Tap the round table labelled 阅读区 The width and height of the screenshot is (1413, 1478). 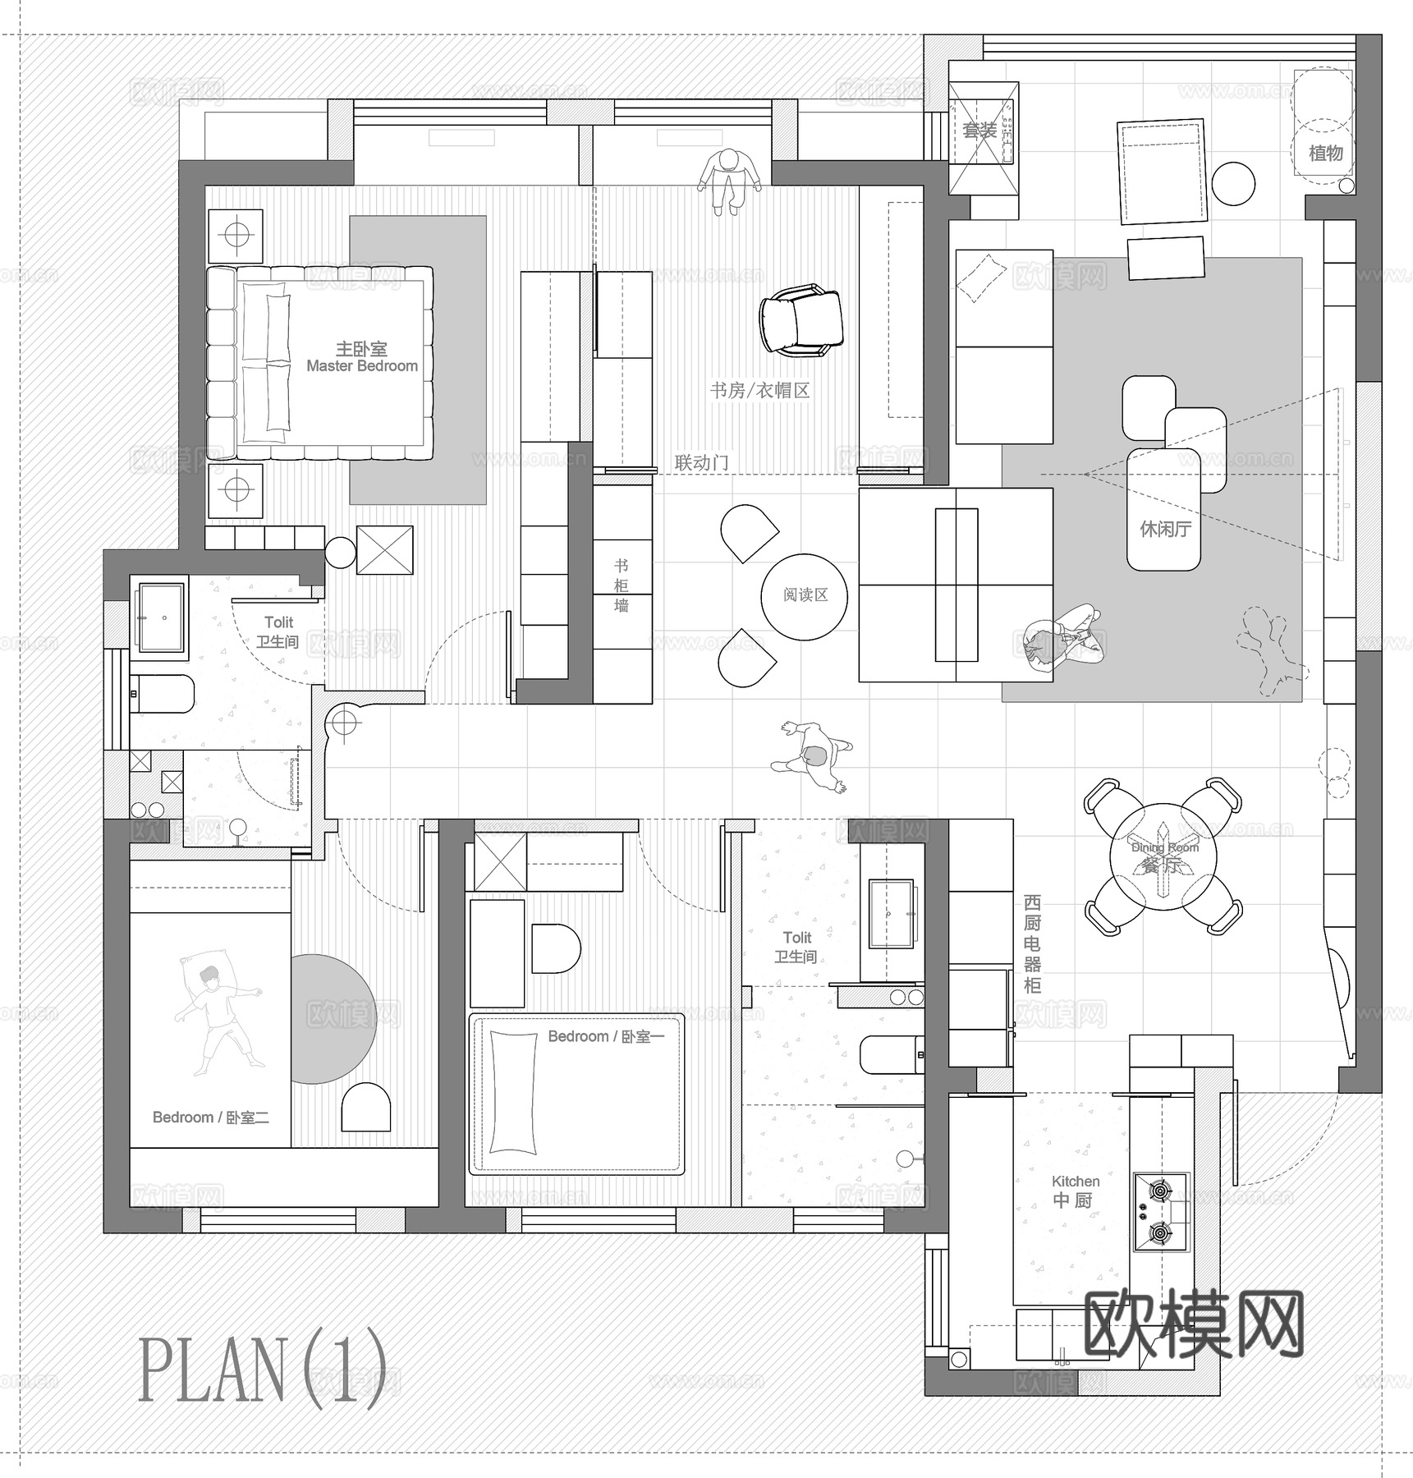point(804,596)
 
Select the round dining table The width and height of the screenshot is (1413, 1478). point(1163,857)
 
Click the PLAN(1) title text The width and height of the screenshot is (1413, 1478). point(262,1370)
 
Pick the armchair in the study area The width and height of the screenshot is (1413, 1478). point(801,320)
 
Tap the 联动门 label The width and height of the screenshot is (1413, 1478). point(701,463)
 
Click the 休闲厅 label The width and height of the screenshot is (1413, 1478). point(1165,529)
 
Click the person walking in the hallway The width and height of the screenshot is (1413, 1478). point(812,756)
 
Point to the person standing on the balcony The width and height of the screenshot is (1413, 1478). point(727,180)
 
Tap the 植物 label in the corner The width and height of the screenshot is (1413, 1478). point(1325,153)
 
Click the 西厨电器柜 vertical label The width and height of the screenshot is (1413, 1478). point(1032,944)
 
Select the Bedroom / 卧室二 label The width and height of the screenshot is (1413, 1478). point(211,1117)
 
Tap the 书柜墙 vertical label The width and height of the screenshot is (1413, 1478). point(622,585)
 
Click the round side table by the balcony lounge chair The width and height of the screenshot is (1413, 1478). point(1232,182)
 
